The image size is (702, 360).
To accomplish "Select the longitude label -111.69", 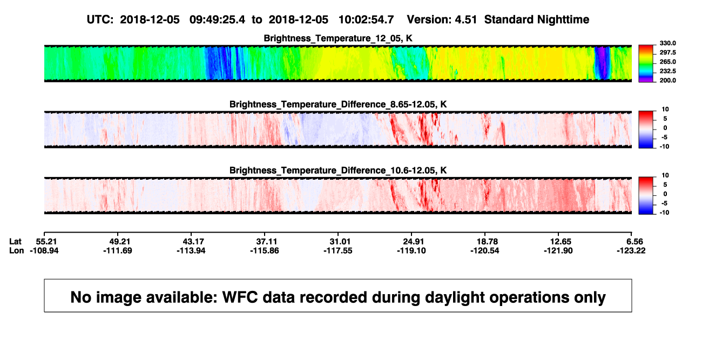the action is point(118,250).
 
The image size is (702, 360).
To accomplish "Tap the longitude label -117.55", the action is point(338,250).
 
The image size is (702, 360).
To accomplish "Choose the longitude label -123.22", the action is point(631,250).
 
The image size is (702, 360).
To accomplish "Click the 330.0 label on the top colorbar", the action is point(667,43).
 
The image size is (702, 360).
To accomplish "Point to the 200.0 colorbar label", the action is point(667,80).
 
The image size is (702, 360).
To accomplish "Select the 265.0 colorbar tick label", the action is point(667,62).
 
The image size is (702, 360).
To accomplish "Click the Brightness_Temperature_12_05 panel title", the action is point(338,38).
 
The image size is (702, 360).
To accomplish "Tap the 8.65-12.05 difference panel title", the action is point(338,104).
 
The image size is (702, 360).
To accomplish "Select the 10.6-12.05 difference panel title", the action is point(338,171).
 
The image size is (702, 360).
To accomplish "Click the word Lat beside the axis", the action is point(15,242).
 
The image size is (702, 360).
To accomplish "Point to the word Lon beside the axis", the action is point(16,250).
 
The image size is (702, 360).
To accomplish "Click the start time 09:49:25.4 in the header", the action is point(217,19).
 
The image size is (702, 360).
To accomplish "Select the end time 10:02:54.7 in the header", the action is point(366,19).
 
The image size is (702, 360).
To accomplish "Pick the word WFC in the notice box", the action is point(240,297).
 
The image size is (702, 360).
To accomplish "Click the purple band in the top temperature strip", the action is point(602,63).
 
